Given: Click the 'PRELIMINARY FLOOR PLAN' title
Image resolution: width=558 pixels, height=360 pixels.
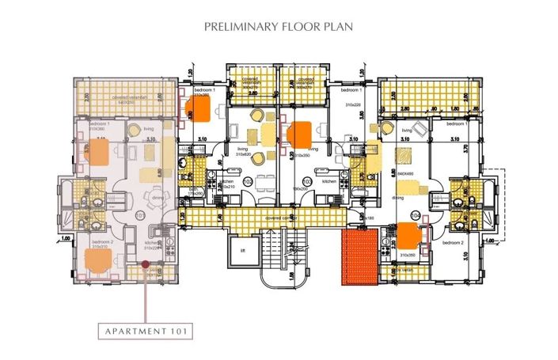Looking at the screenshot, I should (x=279, y=25).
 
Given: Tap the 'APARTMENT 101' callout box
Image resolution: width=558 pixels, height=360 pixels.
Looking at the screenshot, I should (x=146, y=332).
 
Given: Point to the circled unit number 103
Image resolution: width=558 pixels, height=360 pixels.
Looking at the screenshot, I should (x=306, y=181).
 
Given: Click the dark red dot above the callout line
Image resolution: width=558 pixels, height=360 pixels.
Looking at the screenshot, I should (x=146, y=266).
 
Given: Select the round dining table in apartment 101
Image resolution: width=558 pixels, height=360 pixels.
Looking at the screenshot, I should (x=145, y=200).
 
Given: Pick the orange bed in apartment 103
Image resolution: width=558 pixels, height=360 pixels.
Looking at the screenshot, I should (x=302, y=133).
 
